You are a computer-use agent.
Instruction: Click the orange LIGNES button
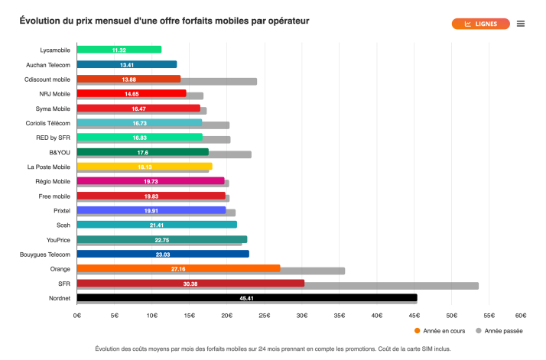click(x=480, y=24)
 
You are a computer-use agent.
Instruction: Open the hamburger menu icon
click(x=521, y=24)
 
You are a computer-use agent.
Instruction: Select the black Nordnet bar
click(x=247, y=298)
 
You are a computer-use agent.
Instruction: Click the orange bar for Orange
click(x=179, y=268)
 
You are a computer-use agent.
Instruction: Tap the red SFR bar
click(x=190, y=284)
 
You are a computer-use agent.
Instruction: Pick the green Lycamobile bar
click(x=119, y=50)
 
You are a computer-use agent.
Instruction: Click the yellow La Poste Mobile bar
click(x=145, y=167)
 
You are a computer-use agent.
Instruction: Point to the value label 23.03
click(x=162, y=255)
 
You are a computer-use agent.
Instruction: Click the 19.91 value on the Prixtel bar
click(x=151, y=210)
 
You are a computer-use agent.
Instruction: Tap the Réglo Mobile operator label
click(x=48, y=181)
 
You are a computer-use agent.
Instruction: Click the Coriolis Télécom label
click(x=47, y=123)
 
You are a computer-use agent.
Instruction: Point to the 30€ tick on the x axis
click(x=302, y=314)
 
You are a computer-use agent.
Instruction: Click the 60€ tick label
click(x=520, y=314)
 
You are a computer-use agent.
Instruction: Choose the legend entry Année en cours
click(x=442, y=331)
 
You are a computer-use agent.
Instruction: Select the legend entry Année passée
click(x=502, y=331)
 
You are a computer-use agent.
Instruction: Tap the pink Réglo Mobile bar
click(x=151, y=181)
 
